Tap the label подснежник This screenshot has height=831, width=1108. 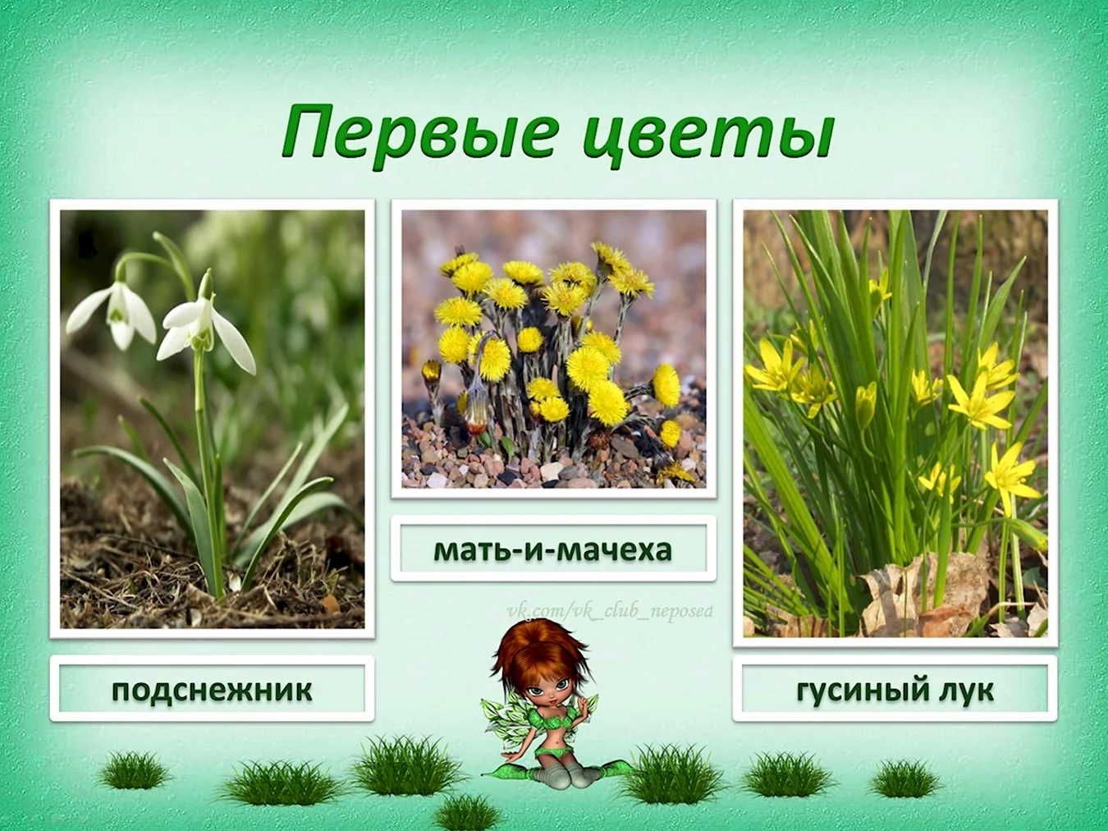212,691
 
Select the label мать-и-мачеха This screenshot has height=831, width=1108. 552,550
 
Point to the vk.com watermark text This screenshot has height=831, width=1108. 610,612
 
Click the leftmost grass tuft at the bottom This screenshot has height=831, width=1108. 134,771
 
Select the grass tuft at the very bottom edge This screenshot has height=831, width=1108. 468,813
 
